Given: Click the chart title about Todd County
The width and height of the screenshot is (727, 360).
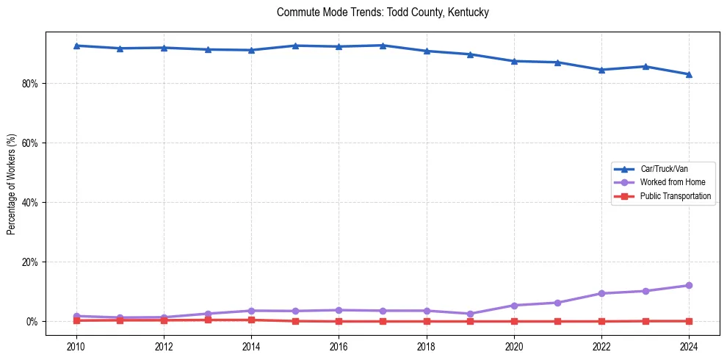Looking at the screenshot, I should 383,12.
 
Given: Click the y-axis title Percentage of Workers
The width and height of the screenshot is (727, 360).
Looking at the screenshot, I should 12,184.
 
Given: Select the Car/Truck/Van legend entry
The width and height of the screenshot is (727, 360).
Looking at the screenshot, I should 664,169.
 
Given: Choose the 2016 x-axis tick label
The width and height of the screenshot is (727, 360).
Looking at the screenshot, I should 339,346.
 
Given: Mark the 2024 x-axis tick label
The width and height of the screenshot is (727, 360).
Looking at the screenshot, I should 689,346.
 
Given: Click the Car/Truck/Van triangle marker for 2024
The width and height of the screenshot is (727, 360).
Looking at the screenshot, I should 689,74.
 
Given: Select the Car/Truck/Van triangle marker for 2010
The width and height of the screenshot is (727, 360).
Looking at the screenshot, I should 76,46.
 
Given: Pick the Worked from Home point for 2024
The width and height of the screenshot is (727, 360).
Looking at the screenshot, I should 689,285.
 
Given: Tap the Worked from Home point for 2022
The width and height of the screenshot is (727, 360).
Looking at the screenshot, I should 601,293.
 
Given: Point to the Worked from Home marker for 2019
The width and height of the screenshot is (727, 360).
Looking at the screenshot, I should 470,314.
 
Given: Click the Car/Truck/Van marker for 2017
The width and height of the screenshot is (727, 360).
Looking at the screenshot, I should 383,46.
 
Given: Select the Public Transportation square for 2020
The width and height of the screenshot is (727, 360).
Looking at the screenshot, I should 514,321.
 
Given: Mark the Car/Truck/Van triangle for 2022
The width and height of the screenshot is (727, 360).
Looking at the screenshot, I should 601,70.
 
